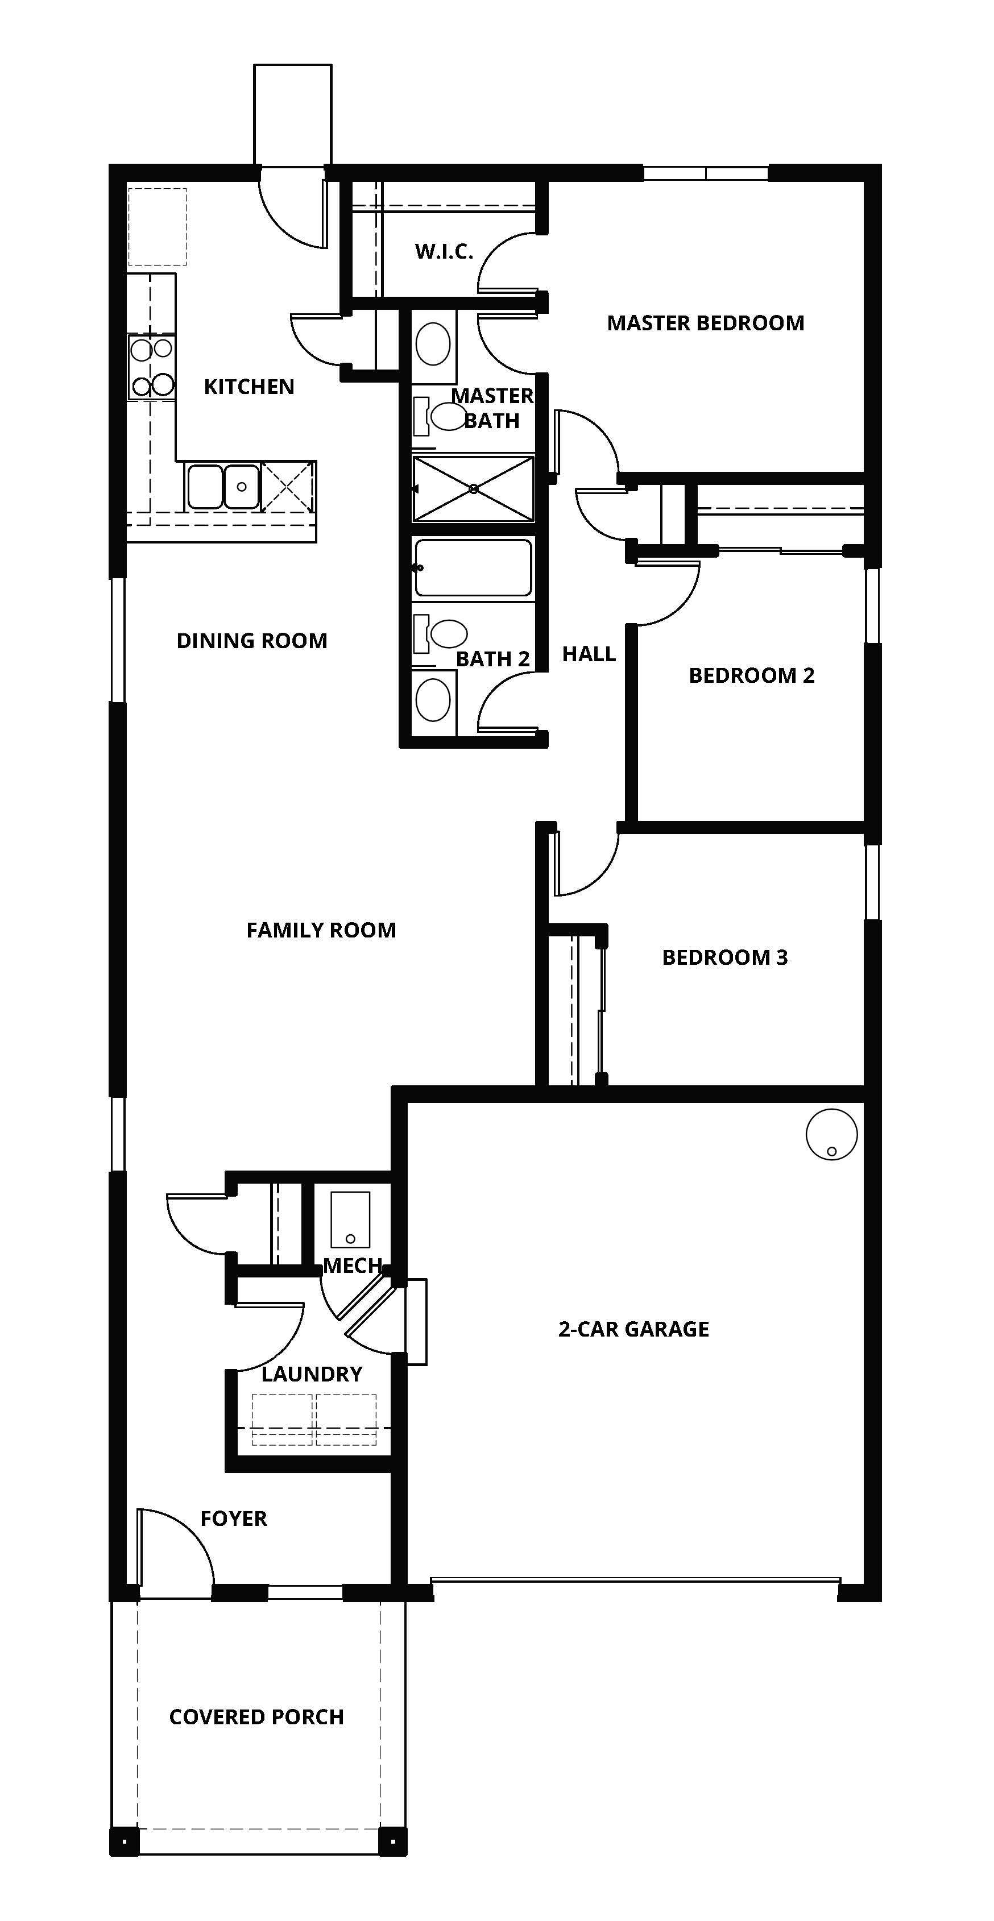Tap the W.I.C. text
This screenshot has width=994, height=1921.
click(x=444, y=251)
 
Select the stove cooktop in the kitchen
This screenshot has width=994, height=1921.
click(x=151, y=367)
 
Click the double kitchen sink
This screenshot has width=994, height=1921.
click(x=222, y=487)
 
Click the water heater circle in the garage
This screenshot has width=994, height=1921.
click(x=831, y=1134)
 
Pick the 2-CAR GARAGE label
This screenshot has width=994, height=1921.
click(x=633, y=1329)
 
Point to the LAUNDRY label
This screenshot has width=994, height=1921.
click(x=312, y=1374)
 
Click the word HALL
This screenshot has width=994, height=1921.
click(x=589, y=654)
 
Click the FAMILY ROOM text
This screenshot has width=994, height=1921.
click(x=321, y=930)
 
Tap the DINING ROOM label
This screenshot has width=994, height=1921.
click(x=251, y=641)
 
